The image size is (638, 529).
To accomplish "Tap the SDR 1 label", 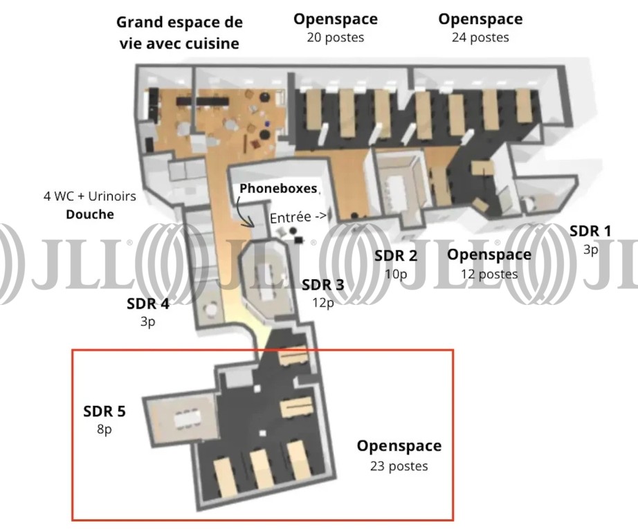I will pos(590,231).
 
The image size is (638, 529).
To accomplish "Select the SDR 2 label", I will pos(396,256).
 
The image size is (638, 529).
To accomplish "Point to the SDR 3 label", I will pos(322,284).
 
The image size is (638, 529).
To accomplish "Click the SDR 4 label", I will pos(148,303).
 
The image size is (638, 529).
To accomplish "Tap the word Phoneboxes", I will pos(278,188).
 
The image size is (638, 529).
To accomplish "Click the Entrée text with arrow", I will pos(298,217).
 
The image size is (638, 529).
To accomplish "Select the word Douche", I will pos(89,214).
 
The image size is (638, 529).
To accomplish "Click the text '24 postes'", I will pos(480,37).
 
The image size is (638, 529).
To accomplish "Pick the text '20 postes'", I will pos(335,37).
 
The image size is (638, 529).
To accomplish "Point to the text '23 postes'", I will pos(399,466).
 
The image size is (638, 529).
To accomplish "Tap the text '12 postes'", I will pos(489,274).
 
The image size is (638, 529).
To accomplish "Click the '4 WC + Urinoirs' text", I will pos(90,196).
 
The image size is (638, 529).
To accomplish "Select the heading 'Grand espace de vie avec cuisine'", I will pos(179,33).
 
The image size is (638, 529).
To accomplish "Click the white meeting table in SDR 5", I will pos(185,418).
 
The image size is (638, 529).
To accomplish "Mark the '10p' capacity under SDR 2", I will pos(396,274).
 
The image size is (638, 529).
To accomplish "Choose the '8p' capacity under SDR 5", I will pos(104,429).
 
